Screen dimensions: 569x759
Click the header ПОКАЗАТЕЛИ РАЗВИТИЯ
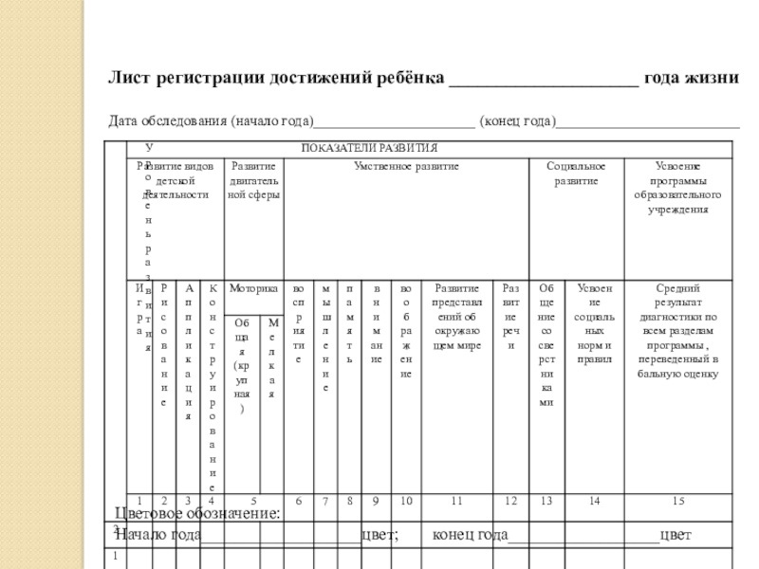pos(369,148)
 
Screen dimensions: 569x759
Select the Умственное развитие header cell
pos(406,166)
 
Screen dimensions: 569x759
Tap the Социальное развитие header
pos(576,173)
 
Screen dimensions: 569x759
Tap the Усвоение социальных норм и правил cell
pos(594,322)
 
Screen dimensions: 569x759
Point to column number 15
pos(677,500)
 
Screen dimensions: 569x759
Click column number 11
pos(456,500)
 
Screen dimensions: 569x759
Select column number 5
pos(253,500)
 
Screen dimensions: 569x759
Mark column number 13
pos(546,500)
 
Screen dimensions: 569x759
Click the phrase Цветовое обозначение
pos(197,514)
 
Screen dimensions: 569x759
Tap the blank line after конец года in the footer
pos(583,537)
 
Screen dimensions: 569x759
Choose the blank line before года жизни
pos(543,80)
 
